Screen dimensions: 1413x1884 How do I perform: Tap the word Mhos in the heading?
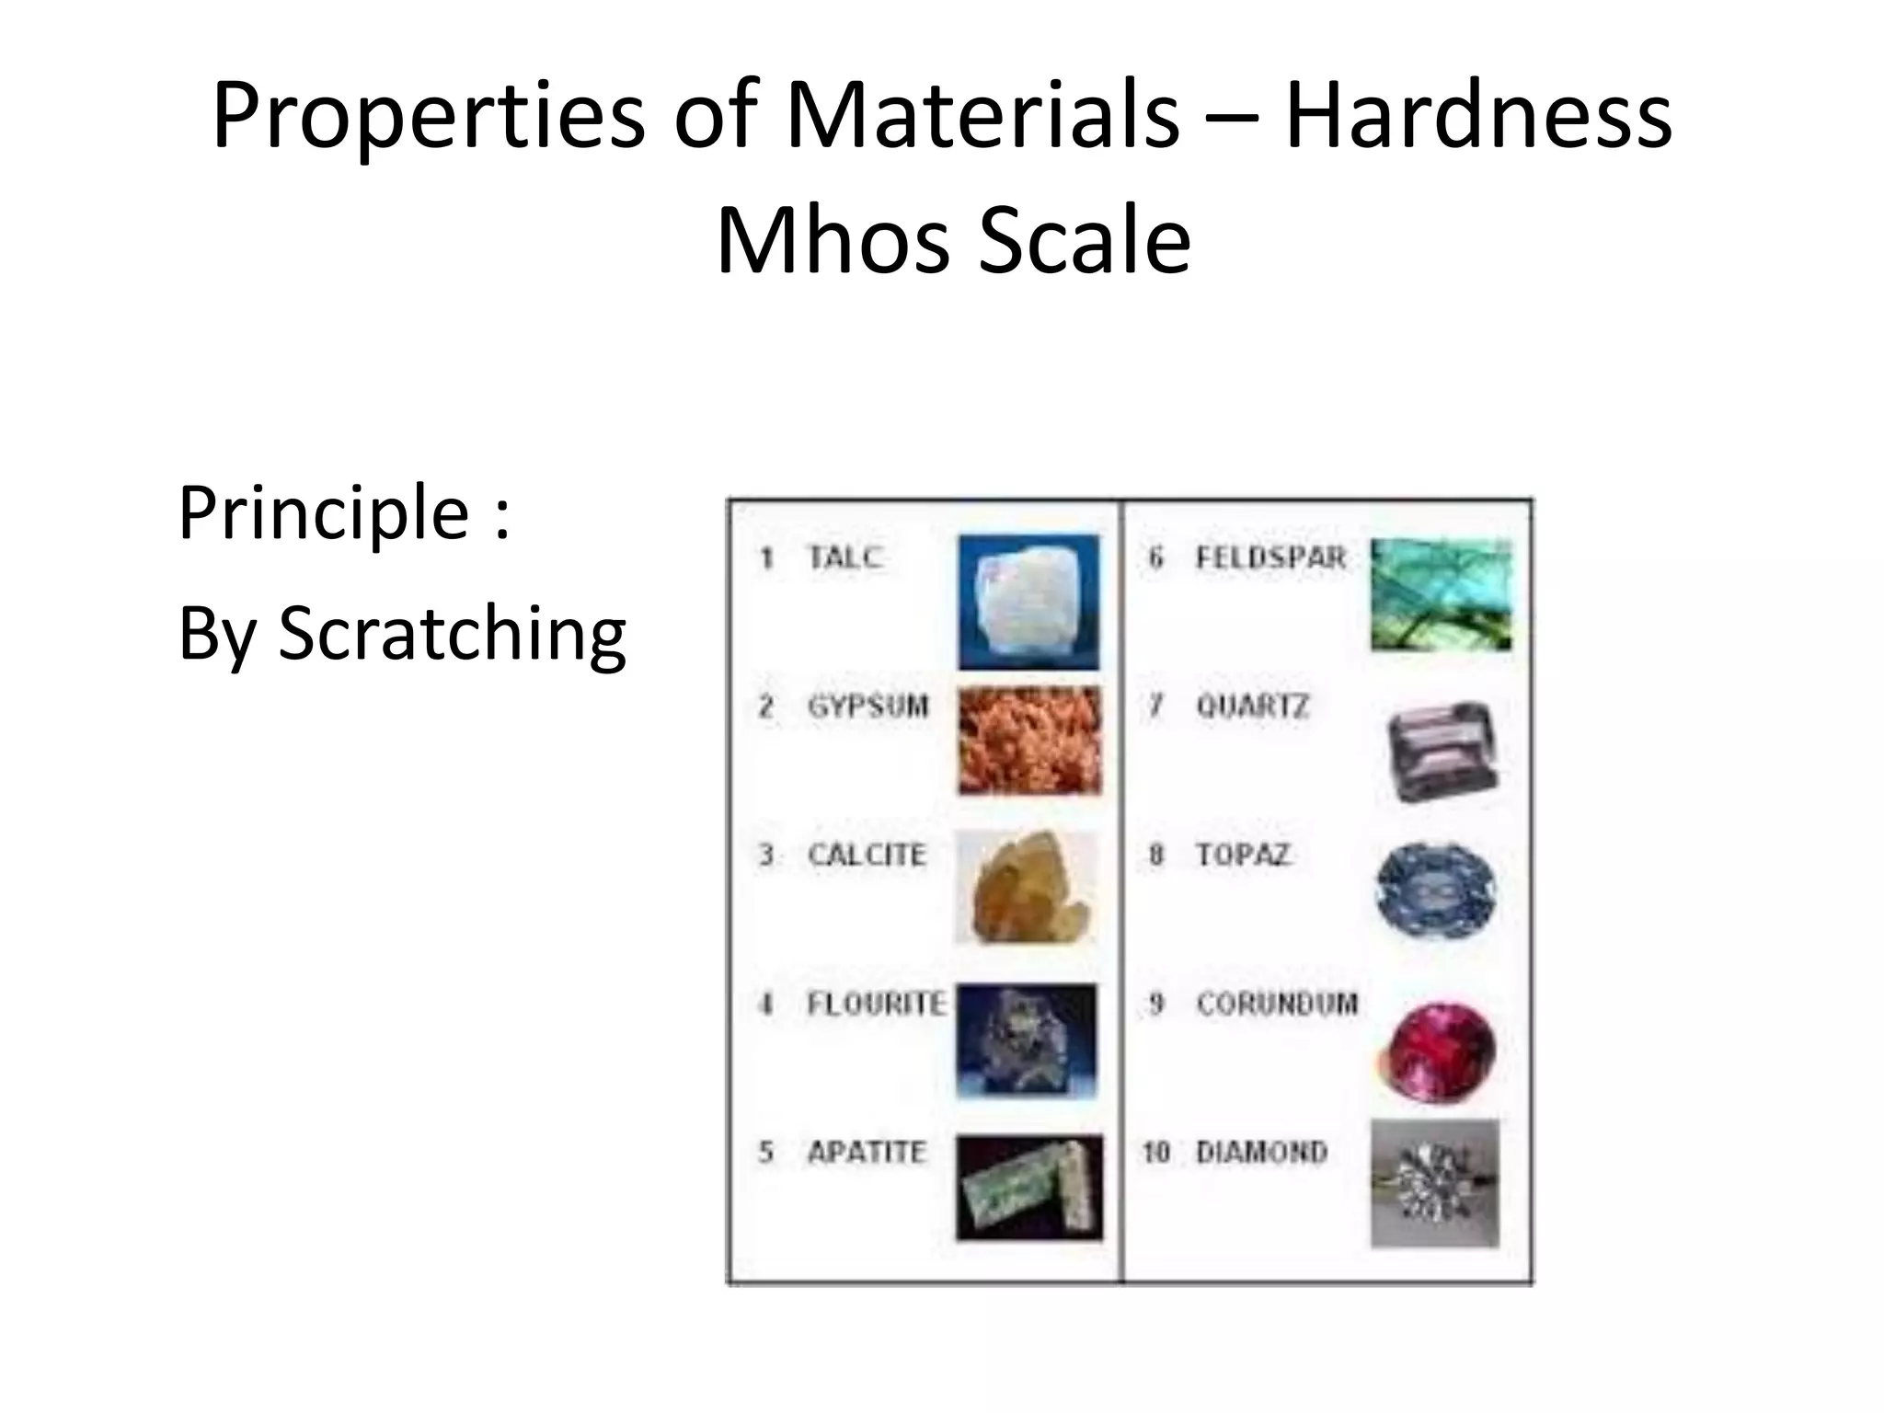(x=833, y=240)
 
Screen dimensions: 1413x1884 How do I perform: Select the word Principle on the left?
(x=324, y=512)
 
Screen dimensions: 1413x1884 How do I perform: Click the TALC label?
(x=844, y=557)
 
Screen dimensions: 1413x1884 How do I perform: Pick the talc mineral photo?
(x=1028, y=602)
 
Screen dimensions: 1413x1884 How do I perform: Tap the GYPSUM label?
(x=867, y=706)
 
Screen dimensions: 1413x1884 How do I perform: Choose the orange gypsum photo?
(x=1029, y=741)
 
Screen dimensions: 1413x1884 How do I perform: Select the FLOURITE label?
(x=876, y=1003)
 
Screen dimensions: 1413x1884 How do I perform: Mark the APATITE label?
(x=866, y=1152)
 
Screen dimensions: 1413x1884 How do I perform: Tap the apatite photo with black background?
(x=1028, y=1187)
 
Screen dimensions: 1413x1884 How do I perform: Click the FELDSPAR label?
(x=1270, y=557)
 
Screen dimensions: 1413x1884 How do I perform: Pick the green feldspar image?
(x=1441, y=595)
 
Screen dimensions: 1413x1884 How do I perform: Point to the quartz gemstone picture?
(x=1442, y=750)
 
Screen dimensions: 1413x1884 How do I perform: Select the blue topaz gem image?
(x=1435, y=890)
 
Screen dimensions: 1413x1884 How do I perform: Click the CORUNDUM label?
(x=1277, y=1003)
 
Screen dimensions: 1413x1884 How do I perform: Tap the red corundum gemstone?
(x=1437, y=1051)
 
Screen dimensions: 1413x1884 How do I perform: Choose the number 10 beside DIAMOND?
(x=1155, y=1152)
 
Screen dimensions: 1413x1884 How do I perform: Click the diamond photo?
(x=1434, y=1184)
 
